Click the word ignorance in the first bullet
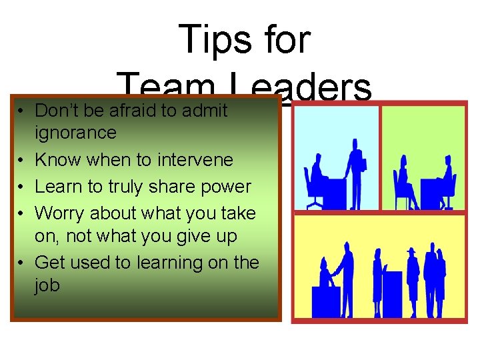(x=75, y=133)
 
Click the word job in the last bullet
(x=47, y=286)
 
